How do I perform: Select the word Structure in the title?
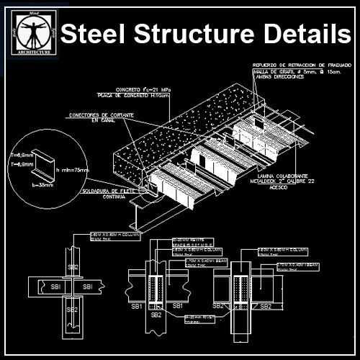196,34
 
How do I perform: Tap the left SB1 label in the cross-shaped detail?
54,288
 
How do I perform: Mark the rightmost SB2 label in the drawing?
265,306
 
